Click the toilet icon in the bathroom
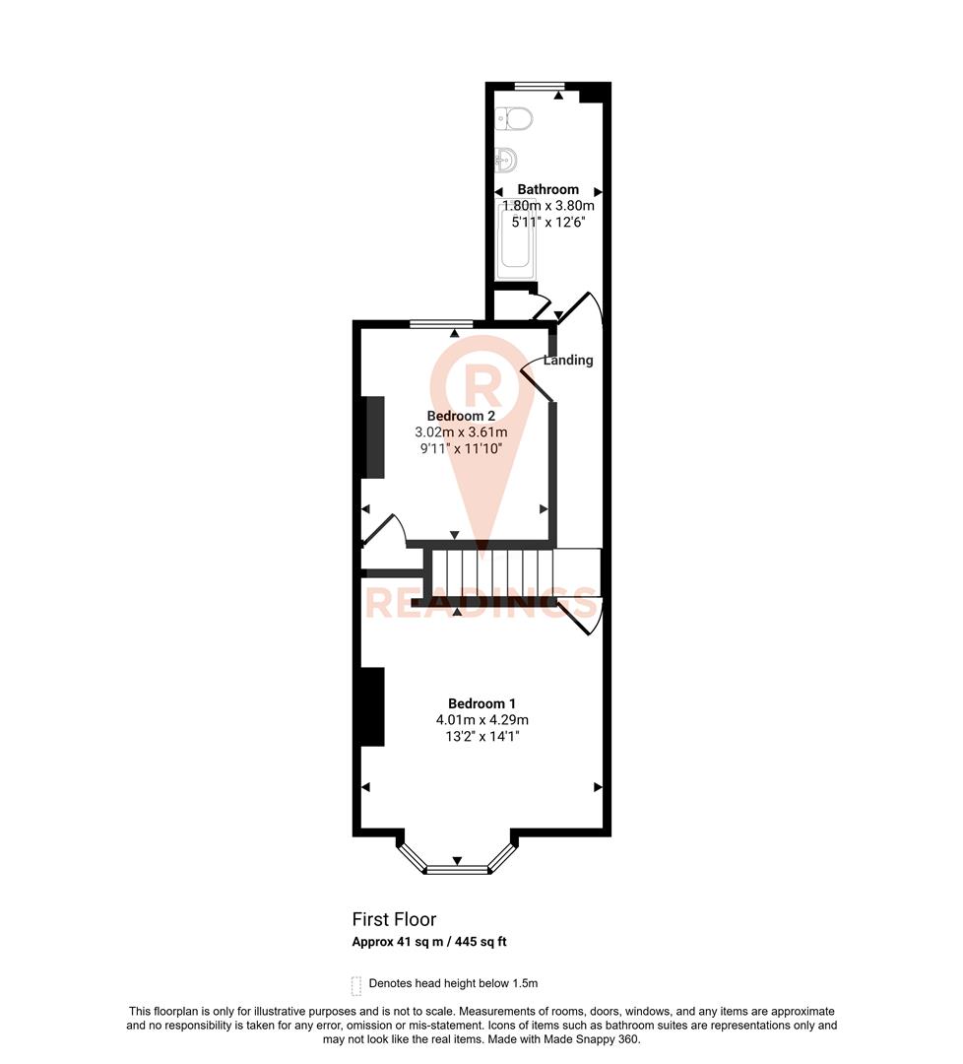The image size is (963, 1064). (515, 118)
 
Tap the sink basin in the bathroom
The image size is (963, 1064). (508, 158)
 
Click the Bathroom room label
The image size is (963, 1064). (548, 189)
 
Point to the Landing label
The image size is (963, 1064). (568, 361)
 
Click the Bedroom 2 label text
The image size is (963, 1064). (461, 416)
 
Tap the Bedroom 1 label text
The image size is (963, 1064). (481, 703)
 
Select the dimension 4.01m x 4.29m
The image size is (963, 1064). (481, 719)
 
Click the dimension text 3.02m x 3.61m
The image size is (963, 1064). (461, 432)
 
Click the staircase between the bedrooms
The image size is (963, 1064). (492, 572)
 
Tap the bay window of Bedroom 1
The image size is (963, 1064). (457, 868)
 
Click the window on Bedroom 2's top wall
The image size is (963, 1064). (440, 323)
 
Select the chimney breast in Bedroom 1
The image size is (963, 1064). (371, 706)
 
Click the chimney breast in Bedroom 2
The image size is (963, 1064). (373, 436)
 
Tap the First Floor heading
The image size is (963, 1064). (394, 919)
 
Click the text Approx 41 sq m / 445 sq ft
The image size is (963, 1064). (429, 942)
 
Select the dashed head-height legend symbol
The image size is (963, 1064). (355, 984)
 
